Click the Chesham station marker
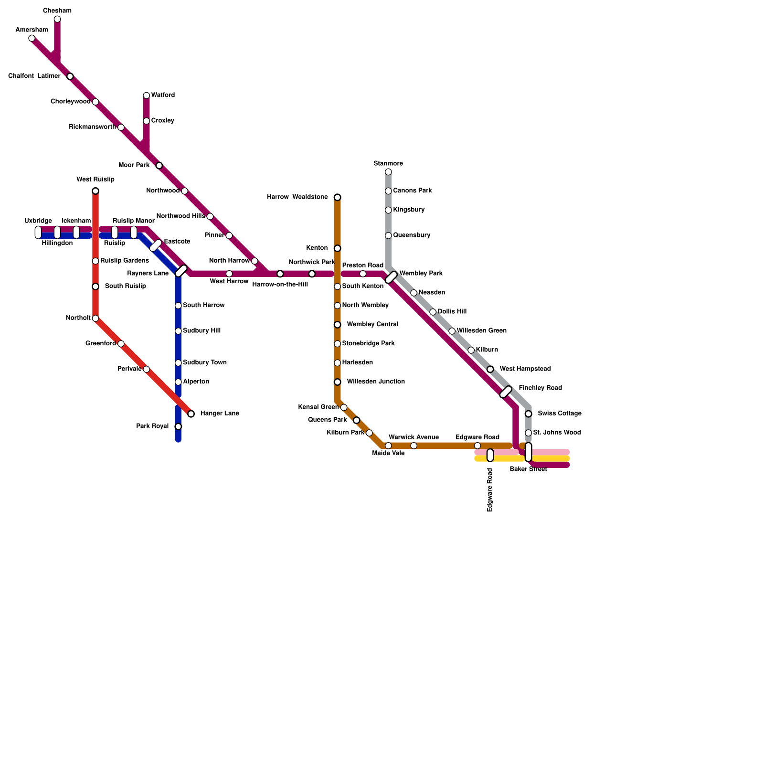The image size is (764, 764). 57,19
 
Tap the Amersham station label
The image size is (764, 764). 32,30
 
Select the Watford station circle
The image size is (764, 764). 147,95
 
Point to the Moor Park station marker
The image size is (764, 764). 159,166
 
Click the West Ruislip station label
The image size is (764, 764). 95,180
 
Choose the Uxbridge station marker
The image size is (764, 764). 38,233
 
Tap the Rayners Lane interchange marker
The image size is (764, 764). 181,271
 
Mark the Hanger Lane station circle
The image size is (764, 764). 191,414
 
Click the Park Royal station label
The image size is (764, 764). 152,426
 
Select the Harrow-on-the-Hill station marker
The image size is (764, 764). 280,274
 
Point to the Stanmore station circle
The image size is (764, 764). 388,172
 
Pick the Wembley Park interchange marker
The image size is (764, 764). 392,277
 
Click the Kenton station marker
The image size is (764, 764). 338,248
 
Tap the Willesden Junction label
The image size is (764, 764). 376,382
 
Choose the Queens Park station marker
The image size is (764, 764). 356,420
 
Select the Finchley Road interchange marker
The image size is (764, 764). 506,392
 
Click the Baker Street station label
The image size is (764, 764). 528,469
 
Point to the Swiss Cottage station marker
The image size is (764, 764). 528,414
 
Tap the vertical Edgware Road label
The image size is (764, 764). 490,490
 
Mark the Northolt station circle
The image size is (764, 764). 95,318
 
